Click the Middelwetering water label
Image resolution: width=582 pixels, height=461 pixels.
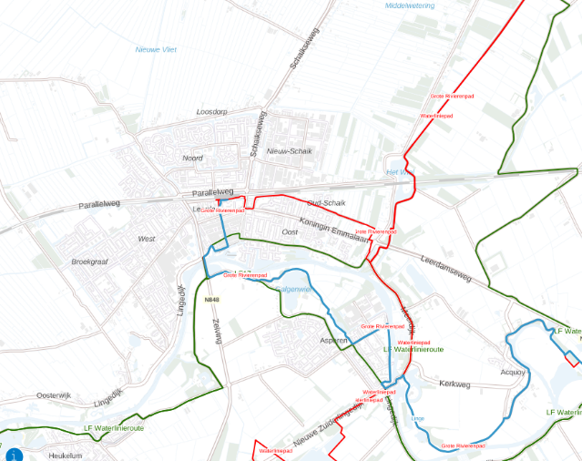click(410, 5)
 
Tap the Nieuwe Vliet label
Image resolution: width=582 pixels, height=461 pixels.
click(156, 49)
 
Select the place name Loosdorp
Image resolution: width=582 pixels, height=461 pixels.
click(211, 112)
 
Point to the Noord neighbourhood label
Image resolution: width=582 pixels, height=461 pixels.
click(192, 158)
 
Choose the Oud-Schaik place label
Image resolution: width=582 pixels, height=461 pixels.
click(325, 203)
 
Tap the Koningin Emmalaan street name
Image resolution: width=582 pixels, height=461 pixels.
click(332, 225)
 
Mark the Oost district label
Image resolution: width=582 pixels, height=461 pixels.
click(290, 232)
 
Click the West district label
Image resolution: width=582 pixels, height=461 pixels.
click(146, 239)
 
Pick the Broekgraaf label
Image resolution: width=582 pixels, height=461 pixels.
click(89, 261)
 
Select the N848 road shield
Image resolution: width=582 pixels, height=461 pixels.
click(212, 300)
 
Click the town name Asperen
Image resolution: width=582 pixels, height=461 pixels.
click(333, 340)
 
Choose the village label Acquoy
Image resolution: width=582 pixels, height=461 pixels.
click(513, 372)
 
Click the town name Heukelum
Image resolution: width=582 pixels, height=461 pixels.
click(66, 455)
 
